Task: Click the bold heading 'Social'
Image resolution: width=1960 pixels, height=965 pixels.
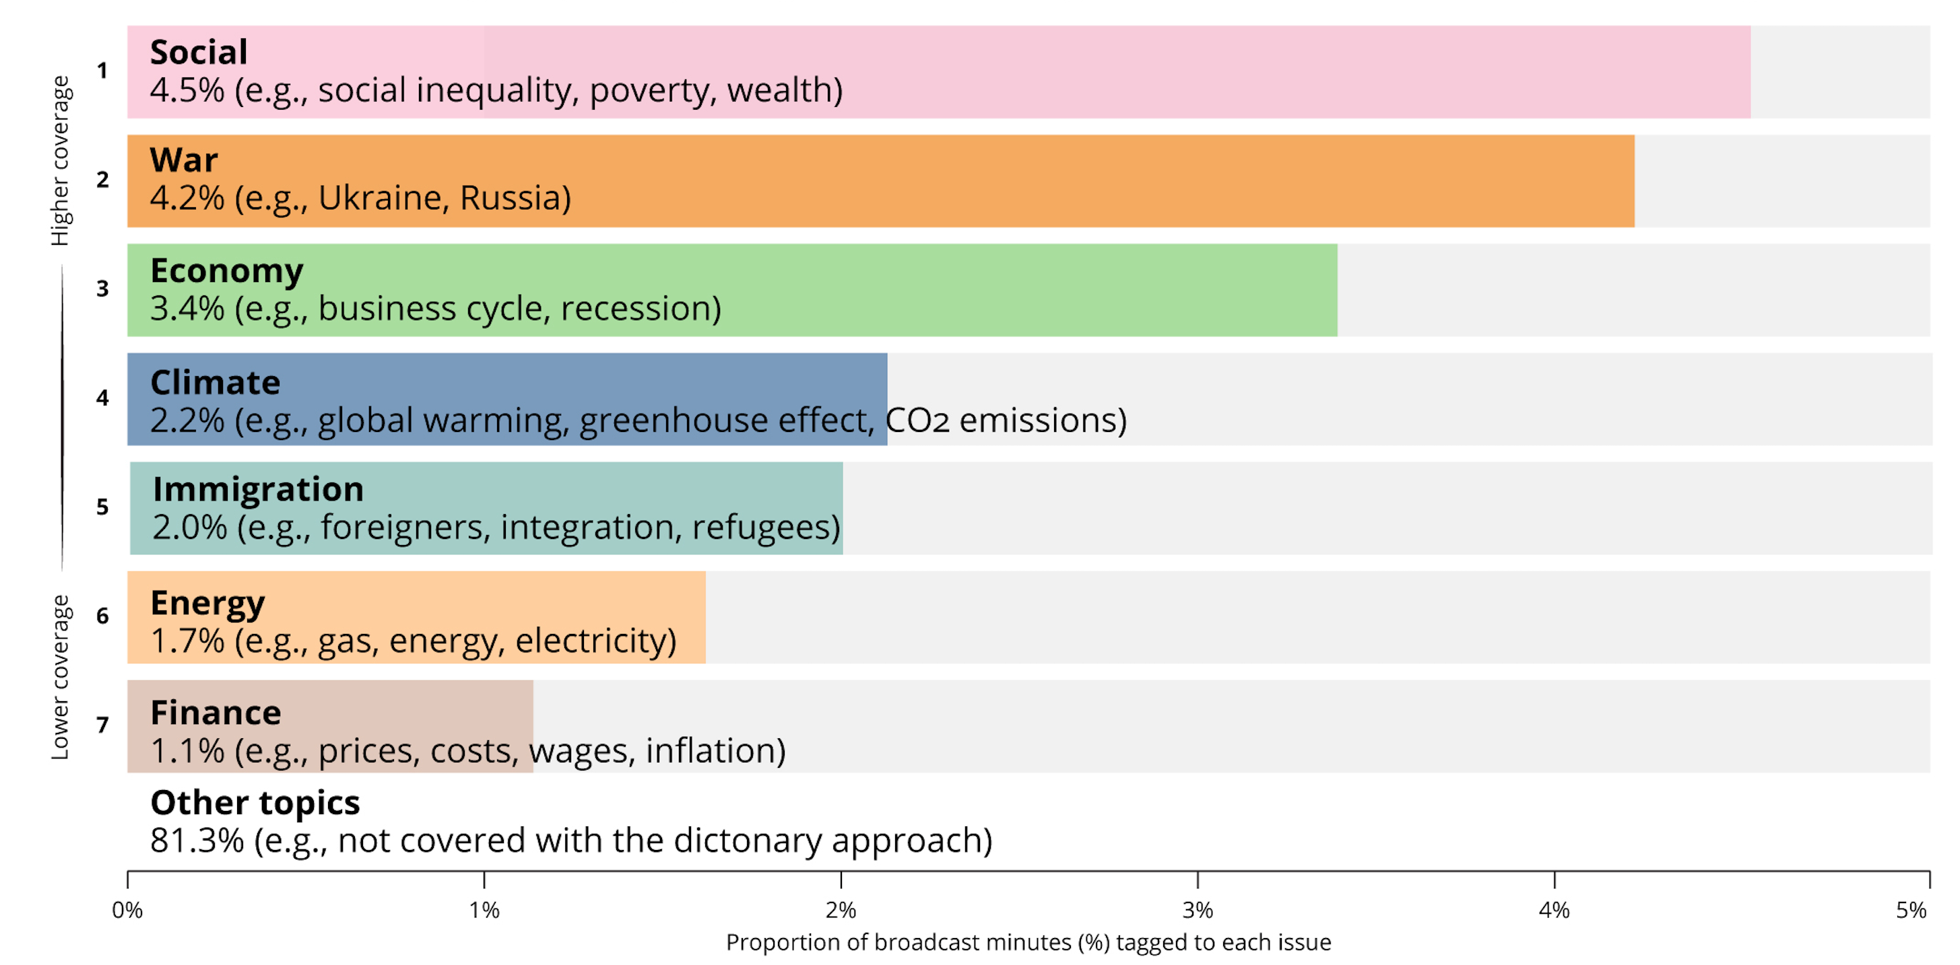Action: pyautogui.click(x=199, y=52)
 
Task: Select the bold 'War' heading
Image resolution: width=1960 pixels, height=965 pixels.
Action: pyautogui.click(x=184, y=160)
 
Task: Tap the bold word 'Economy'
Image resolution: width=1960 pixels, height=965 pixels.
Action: pyautogui.click(x=227, y=271)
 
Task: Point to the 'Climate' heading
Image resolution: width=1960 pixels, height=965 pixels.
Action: pyautogui.click(x=216, y=382)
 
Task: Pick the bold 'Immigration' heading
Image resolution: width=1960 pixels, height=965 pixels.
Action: pyautogui.click(x=258, y=490)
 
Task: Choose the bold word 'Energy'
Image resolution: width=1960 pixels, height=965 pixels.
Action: pyautogui.click(x=207, y=603)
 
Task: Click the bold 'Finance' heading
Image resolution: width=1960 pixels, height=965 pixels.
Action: pyautogui.click(x=216, y=713)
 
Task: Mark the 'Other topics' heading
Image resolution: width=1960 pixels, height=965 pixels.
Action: pyautogui.click(x=255, y=803)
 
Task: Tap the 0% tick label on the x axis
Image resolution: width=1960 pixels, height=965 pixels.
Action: pyautogui.click(x=127, y=910)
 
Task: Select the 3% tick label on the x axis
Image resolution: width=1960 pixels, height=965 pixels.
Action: pyautogui.click(x=1198, y=910)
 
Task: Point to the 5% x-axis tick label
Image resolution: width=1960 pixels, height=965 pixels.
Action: pyautogui.click(x=1912, y=910)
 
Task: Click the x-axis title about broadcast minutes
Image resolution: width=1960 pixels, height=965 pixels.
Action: pyautogui.click(x=1028, y=943)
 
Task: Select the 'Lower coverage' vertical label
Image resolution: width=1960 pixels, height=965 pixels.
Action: pyautogui.click(x=60, y=677)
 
